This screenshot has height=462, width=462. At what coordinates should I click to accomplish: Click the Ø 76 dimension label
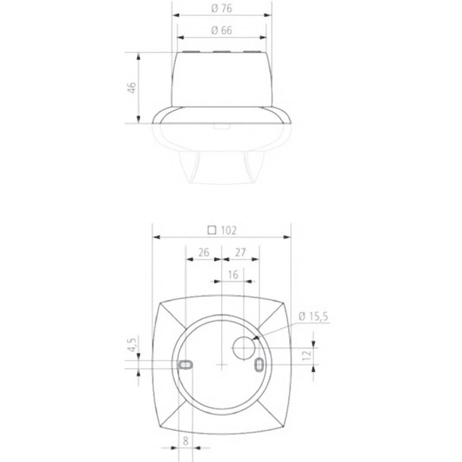tap(222, 8)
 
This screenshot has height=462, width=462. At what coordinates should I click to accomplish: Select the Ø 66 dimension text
tap(221, 30)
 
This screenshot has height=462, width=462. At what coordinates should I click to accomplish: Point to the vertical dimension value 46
tap(132, 88)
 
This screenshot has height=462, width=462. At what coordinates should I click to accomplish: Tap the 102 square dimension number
tap(228, 230)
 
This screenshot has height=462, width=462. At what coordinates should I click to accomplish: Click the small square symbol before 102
tap(212, 230)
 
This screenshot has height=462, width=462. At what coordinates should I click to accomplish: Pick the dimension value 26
tap(203, 252)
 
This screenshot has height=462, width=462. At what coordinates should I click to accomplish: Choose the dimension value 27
tap(240, 252)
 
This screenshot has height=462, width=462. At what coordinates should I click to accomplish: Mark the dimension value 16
tap(233, 274)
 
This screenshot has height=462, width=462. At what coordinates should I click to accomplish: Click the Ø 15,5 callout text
tap(314, 316)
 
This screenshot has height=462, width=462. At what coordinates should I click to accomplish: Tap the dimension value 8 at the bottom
tap(185, 441)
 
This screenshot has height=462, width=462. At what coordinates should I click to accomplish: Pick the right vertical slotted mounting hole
tap(259, 365)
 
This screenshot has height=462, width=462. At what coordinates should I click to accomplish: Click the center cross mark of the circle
tap(222, 365)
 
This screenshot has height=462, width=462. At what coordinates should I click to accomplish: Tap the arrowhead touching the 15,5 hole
tap(255, 340)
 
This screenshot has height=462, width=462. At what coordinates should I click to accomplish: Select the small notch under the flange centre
tap(222, 126)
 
